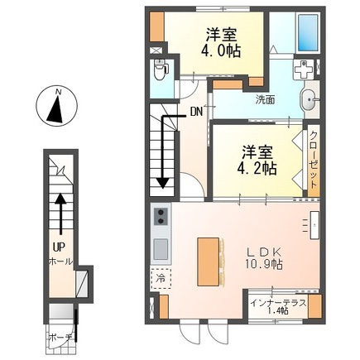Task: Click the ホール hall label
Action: click(60, 261)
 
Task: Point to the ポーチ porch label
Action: click(60, 338)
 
